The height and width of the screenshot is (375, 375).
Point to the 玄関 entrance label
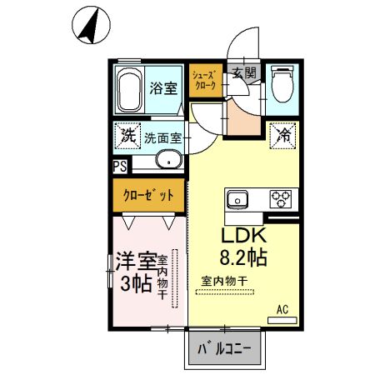tap(245, 72)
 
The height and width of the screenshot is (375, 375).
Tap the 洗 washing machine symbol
tap(127, 134)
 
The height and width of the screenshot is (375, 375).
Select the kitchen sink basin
tap(236, 200)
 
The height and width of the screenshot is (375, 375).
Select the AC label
tap(283, 311)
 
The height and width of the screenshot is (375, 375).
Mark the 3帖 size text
tap(136, 283)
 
